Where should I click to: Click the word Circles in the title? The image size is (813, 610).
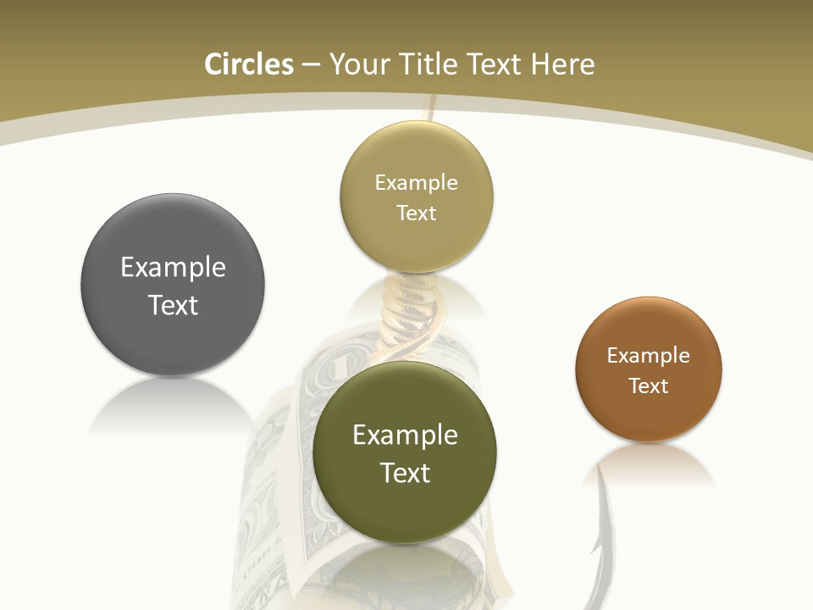click(248, 64)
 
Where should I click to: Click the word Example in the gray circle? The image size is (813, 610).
click(173, 268)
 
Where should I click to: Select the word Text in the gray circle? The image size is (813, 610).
click(173, 305)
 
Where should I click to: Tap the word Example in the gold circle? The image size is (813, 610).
click(416, 183)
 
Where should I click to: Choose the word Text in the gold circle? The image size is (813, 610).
click(416, 213)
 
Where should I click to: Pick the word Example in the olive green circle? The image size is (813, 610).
click(405, 435)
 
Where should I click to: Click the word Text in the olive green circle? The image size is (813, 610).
click(405, 473)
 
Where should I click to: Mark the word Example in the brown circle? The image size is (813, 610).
click(648, 356)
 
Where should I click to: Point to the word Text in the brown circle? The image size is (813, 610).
click(648, 386)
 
